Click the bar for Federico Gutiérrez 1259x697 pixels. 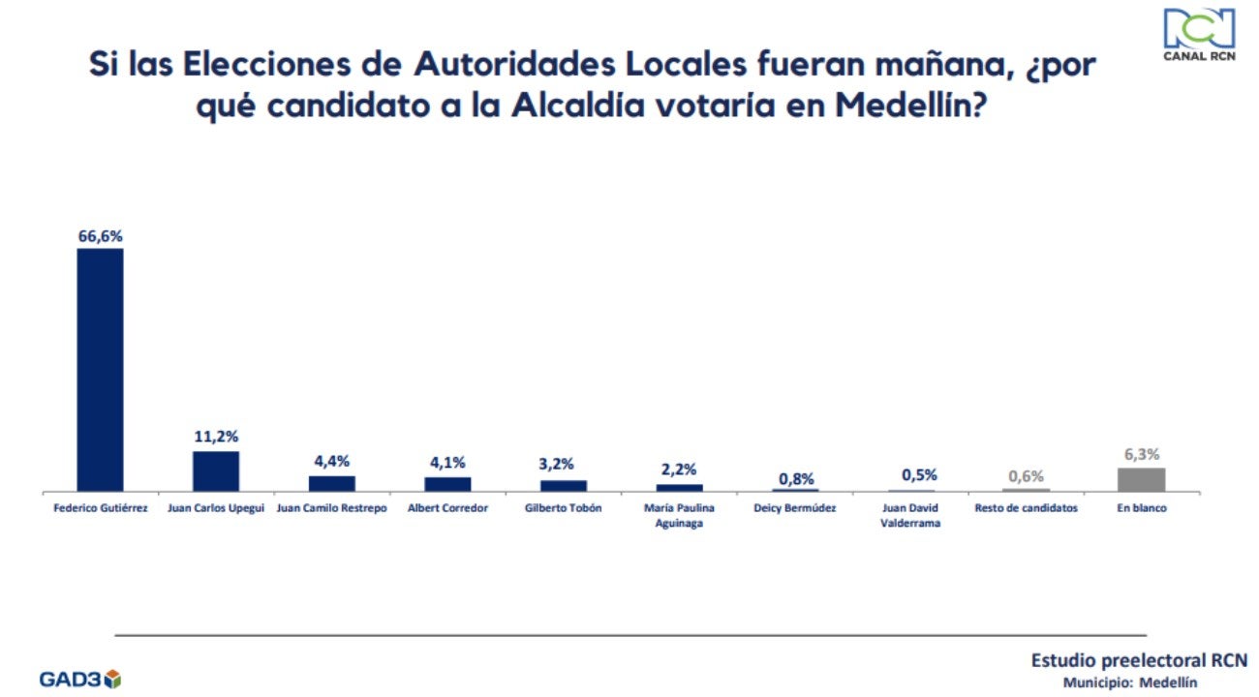100,371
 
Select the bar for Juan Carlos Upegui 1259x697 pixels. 215,471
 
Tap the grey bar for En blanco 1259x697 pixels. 1141,480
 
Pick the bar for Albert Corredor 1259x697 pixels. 447,484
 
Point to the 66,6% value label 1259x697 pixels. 100,235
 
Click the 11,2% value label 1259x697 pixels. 215,437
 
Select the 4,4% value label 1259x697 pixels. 331,462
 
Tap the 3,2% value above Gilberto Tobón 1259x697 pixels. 563,466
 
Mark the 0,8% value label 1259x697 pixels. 796,478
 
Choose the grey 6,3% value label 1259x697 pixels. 1141,453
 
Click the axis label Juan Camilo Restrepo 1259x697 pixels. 331,508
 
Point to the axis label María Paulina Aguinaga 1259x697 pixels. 679,515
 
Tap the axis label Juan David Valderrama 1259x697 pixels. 911,515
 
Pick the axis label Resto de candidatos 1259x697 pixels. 1026,508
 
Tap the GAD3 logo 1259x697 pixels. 79,679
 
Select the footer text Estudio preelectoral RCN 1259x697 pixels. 1139,660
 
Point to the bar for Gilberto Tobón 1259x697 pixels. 563,486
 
